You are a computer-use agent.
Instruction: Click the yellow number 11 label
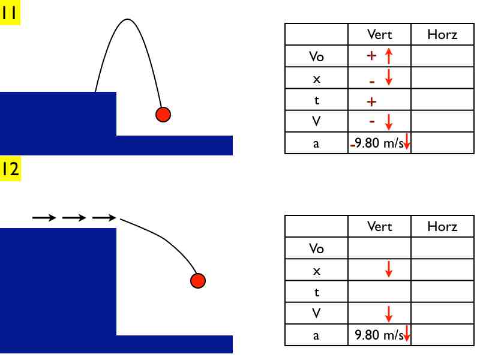tap(10, 12)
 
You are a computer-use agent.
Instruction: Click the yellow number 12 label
tap(10, 169)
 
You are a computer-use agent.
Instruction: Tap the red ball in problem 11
tap(163, 115)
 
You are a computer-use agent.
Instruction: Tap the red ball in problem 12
tap(198, 281)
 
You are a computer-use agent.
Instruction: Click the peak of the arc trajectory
tap(127, 20)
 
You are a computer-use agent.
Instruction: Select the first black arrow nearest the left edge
tap(44, 218)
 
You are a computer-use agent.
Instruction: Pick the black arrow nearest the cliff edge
tap(104, 218)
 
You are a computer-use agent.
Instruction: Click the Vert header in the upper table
tap(379, 34)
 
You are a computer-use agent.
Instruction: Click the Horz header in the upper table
tap(442, 34)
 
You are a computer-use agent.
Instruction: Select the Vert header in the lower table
tap(379, 227)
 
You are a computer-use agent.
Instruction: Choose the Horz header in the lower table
tap(442, 227)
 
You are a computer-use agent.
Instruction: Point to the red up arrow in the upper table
tap(388, 56)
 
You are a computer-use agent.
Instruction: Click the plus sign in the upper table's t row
tap(371, 101)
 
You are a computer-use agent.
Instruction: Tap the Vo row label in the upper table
tap(316, 56)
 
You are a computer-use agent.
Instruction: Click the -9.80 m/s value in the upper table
tap(377, 143)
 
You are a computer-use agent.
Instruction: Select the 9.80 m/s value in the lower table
tap(379, 335)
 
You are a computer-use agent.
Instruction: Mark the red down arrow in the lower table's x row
tap(388, 269)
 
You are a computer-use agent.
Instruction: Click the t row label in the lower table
tap(317, 292)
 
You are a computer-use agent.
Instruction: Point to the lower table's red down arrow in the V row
tap(388, 314)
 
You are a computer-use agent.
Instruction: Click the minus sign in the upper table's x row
tap(371, 82)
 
